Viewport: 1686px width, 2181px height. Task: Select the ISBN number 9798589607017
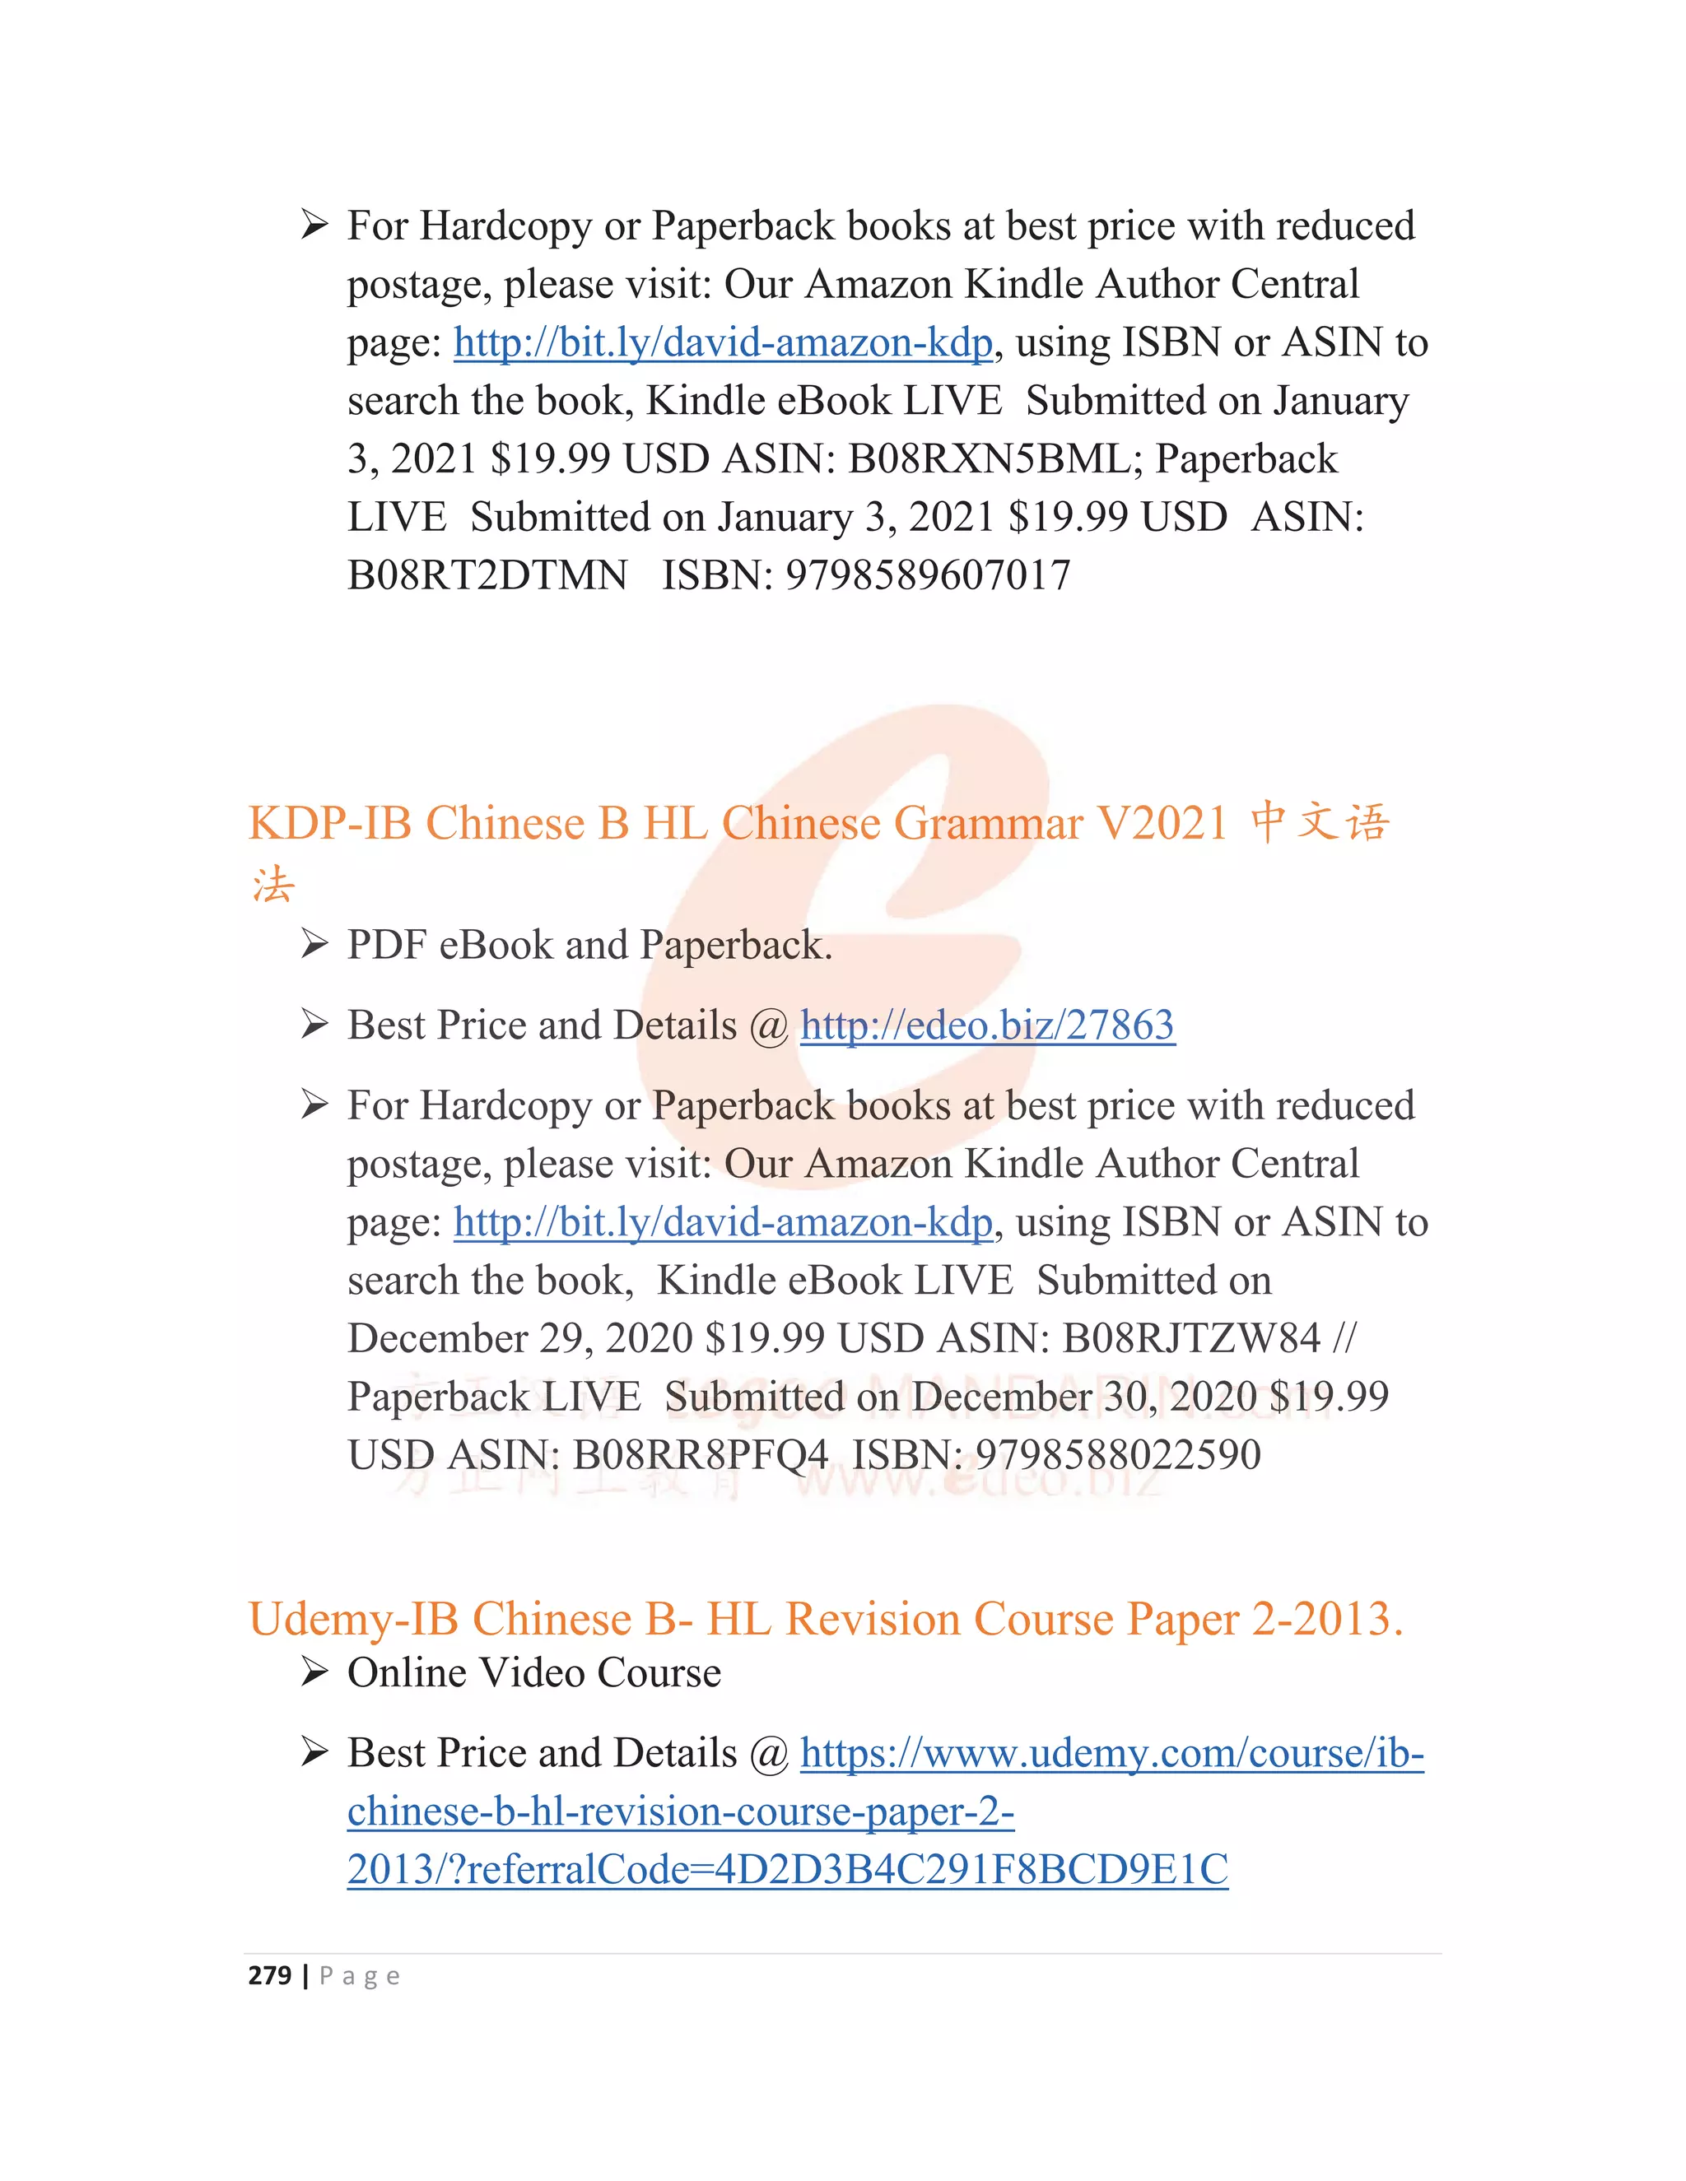928,575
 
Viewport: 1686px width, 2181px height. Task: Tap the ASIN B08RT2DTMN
487,575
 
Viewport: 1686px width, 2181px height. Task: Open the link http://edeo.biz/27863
987,1025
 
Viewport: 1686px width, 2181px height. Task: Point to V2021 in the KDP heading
1162,824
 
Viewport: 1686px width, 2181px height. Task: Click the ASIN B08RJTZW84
1190,1338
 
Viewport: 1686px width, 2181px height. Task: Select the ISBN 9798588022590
1118,1455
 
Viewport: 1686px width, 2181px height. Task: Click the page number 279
270,1975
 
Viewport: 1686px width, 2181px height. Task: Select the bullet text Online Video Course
533,1672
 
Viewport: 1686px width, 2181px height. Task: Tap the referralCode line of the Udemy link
787,1869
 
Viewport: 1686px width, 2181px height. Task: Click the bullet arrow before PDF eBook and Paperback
314,945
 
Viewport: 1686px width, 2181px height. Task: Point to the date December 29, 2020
519,1338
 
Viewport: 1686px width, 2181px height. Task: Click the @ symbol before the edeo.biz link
768,1026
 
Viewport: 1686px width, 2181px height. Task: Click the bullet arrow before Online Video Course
314,1672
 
